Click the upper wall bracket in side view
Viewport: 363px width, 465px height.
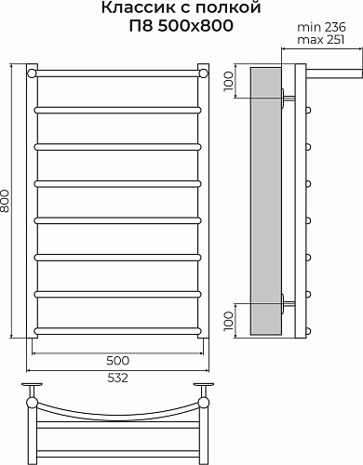[x=287, y=94]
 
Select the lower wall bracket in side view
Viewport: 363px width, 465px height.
[x=287, y=300]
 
